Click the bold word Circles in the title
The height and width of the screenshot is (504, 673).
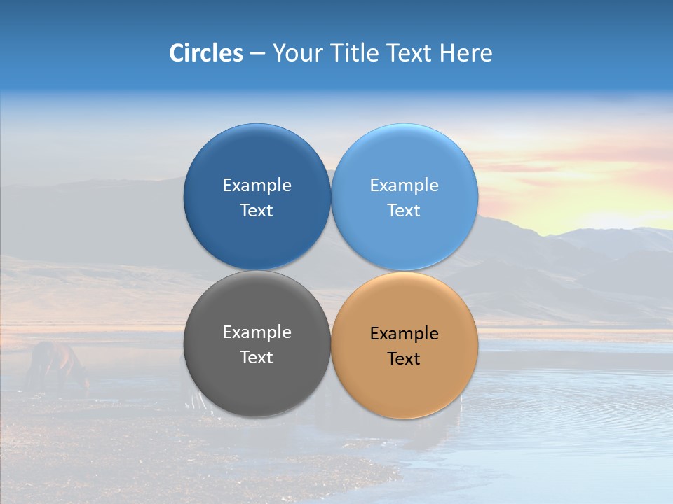point(205,53)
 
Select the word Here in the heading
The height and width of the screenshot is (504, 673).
point(465,53)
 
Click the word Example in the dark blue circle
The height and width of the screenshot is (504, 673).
point(257,185)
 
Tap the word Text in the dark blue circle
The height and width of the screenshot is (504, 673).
point(257,211)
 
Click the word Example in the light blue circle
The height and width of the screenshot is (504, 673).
point(405,185)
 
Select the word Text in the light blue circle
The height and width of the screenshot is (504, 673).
point(405,211)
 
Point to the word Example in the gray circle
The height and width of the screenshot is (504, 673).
point(257,332)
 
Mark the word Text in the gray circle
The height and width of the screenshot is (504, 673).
point(257,358)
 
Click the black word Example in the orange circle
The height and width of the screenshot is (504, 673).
point(405,334)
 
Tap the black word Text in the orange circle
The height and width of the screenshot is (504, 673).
point(405,359)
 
